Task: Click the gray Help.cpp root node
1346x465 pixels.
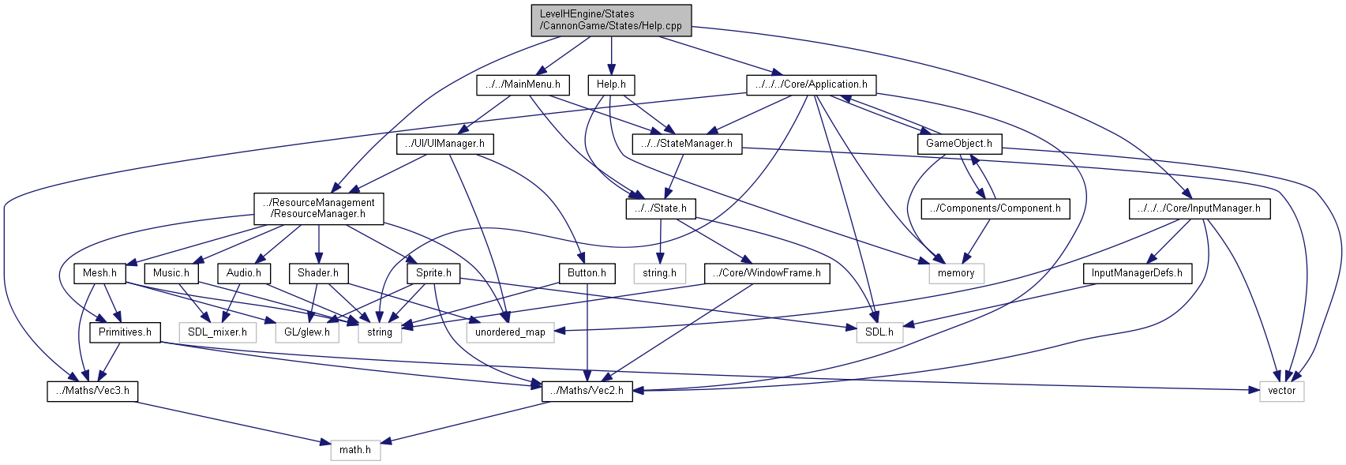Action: [611, 20]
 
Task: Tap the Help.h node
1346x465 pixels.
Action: [611, 84]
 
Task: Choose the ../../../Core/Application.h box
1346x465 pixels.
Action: [811, 84]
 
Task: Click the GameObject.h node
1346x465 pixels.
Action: [958, 144]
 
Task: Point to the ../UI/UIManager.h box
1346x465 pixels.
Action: [444, 144]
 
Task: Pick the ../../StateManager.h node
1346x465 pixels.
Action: [687, 144]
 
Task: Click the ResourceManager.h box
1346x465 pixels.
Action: [319, 208]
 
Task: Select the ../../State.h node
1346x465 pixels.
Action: [661, 208]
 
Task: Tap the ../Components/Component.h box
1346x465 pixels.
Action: [995, 208]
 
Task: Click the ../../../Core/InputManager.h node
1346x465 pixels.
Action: [1199, 208]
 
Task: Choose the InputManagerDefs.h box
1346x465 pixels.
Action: [1137, 273]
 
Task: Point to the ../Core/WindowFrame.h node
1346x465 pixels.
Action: [767, 273]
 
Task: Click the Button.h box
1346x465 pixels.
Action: [587, 273]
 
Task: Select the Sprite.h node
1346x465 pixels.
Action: [433, 273]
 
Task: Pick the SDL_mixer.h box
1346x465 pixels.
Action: [217, 332]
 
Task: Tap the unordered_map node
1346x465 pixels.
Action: [510, 332]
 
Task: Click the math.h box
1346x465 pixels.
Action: [355, 450]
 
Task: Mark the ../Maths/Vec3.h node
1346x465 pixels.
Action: [92, 391]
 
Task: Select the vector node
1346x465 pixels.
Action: [1281, 391]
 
